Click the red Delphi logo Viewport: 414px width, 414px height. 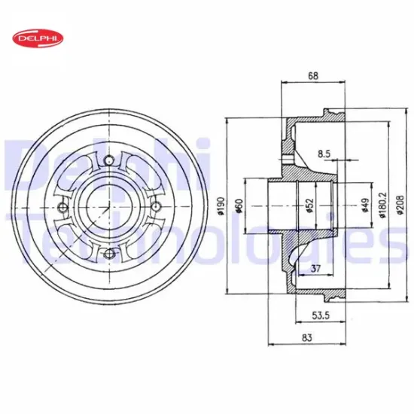38,38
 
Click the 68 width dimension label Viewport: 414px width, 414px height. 313,76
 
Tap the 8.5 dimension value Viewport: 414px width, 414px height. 324,154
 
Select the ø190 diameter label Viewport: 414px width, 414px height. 221,205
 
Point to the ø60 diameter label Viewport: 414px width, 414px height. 239,206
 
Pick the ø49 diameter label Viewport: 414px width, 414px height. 365,205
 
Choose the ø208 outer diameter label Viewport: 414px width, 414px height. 400,205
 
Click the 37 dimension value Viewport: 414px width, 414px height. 315,269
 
